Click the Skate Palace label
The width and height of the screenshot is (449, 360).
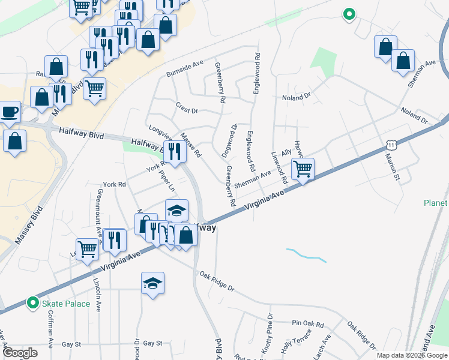(x=65, y=304)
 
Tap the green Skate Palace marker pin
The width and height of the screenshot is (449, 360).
(x=33, y=304)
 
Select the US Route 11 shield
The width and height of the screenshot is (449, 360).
(x=391, y=145)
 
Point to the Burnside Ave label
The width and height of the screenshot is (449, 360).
(x=185, y=67)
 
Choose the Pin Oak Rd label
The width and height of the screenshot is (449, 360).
(x=308, y=323)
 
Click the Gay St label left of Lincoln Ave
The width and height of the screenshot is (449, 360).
(x=71, y=344)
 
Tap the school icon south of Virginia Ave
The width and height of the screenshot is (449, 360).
(x=153, y=283)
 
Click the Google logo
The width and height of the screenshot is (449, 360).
(x=20, y=353)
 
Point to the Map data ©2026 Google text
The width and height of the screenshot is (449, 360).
(x=411, y=355)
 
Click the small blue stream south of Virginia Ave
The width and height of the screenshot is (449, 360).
(x=306, y=254)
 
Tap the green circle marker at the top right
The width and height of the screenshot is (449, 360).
(x=348, y=14)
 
